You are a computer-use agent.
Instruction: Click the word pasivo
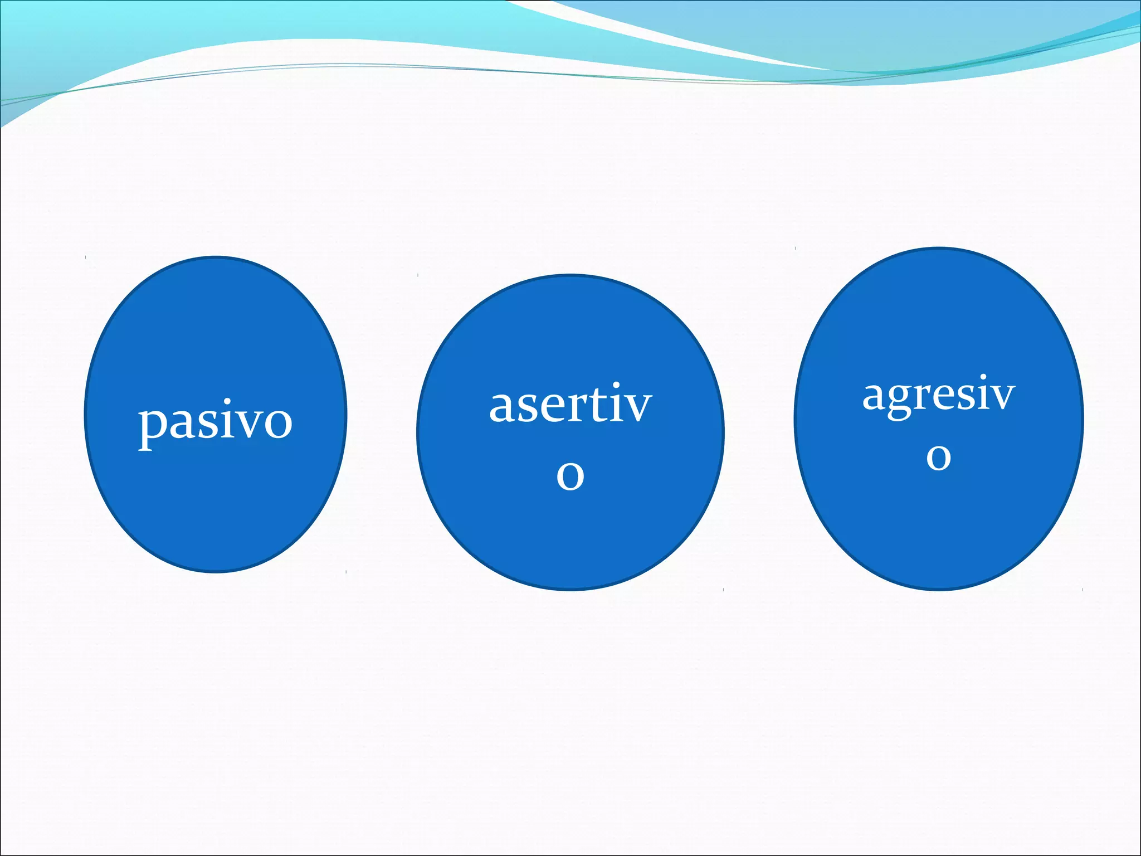[215, 422]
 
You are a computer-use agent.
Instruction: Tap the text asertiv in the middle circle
[570, 405]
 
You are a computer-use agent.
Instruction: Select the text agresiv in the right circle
[938, 395]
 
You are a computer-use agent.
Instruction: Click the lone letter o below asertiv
[570, 475]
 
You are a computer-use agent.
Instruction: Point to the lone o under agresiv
[938, 457]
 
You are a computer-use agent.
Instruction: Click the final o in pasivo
[279, 423]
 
